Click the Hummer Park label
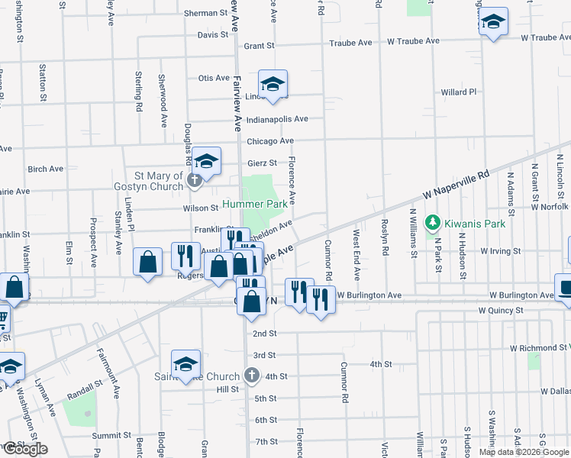click(x=255, y=204)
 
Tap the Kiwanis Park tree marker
click(x=434, y=223)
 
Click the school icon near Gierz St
click(x=206, y=160)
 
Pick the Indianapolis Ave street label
click(x=276, y=119)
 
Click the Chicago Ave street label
click(x=270, y=141)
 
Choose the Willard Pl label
click(x=458, y=92)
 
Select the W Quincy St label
click(x=501, y=311)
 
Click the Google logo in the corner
click(x=24, y=449)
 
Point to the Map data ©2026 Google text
click(x=524, y=452)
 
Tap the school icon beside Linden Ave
click(x=272, y=85)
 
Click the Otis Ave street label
click(x=214, y=78)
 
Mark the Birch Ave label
click(x=44, y=169)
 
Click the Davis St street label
click(x=213, y=35)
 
